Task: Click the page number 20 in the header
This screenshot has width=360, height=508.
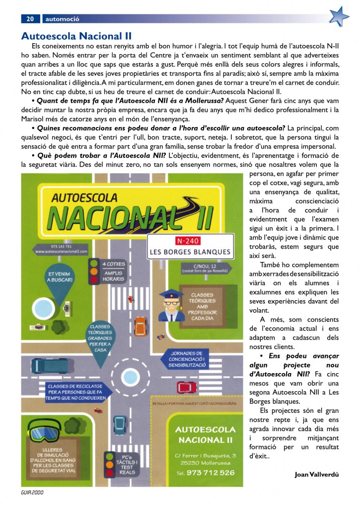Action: (x=30, y=19)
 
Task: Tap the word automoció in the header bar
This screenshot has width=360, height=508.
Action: (x=62, y=19)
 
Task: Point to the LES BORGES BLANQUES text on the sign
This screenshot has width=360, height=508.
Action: (x=190, y=252)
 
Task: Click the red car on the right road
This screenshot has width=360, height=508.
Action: (x=184, y=386)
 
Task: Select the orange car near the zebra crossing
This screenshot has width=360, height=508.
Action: (x=141, y=325)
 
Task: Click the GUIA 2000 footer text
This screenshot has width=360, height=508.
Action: (x=32, y=494)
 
